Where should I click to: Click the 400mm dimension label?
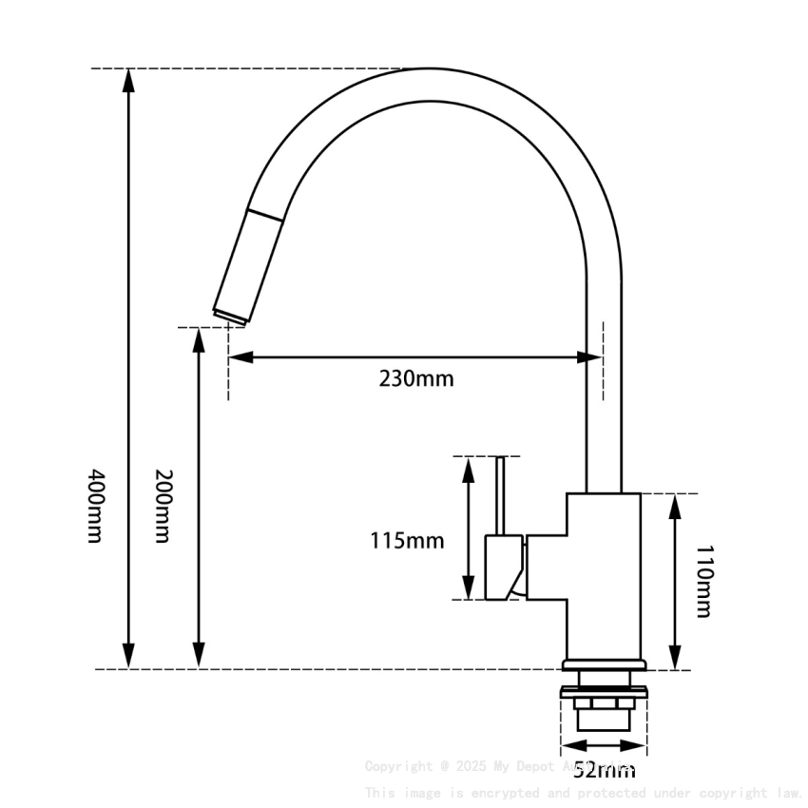tap(94, 505)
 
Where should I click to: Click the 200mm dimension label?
tap(163, 506)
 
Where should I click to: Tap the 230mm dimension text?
tap(416, 378)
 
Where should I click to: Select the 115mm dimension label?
tap(407, 541)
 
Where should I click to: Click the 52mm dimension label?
tap(605, 769)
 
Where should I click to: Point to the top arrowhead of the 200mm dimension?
tap(199, 340)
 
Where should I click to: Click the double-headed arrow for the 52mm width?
tap(604, 746)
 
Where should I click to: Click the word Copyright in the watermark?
tap(398, 766)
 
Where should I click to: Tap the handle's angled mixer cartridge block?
tap(505, 568)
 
